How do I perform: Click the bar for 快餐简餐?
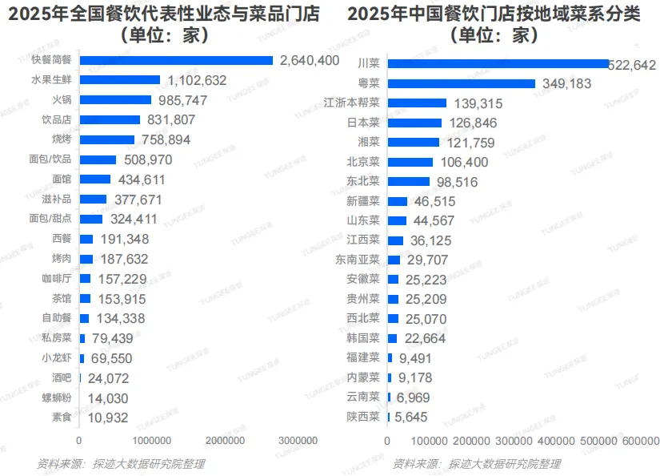[176, 60]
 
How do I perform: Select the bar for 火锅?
[115, 100]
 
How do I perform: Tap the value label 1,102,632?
[197, 80]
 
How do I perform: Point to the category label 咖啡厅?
[57, 279]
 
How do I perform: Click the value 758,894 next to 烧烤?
[166, 139]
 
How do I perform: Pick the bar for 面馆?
[95, 180]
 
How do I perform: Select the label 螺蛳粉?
[57, 398]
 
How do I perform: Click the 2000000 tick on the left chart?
[225, 441]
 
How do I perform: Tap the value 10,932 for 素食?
[108, 418]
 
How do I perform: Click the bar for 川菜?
[498, 63]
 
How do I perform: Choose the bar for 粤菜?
[462, 83]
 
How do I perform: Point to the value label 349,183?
[566, 83]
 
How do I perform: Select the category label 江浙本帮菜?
[351, 103]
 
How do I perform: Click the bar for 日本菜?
[414, 123]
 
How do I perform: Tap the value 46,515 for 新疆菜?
[434, 201]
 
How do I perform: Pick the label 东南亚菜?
[358, 260]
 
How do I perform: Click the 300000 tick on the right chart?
[514, 441]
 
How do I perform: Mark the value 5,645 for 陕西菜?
[410, 417]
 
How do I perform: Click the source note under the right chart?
[477, 464]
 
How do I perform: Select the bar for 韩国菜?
[392, 338]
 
